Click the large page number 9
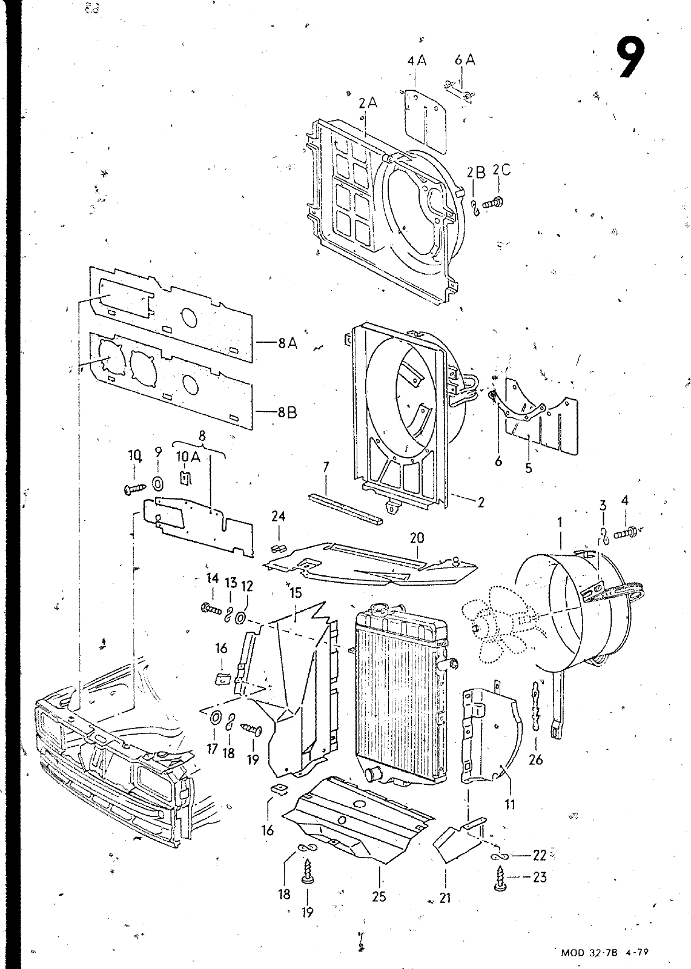pos(630,58)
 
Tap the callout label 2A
pos(368,103)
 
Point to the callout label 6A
pos(465,60)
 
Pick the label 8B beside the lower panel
pos(288,412)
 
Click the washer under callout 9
pos(158,483)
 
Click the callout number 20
pos(417,538)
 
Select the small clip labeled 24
pos(278,549)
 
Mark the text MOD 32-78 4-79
pos(604,951)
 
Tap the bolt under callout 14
pos(211,609)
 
